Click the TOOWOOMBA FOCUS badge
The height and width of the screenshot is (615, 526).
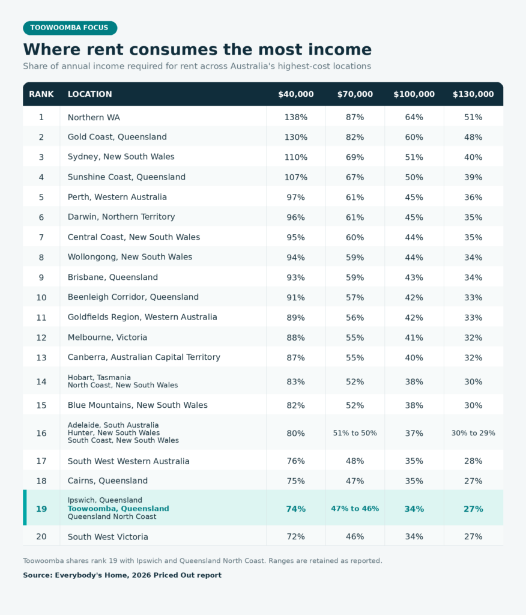click(70, 28)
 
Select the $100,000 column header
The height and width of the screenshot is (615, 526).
click(414, 94)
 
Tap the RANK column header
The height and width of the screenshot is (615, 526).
click(41, 94)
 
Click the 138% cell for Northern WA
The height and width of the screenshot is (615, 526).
click(296, 117)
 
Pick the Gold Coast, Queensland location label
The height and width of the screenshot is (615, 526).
click(117, 137)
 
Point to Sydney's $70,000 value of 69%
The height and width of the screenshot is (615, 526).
click(355, 157)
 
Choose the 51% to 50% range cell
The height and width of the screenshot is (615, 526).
click(355, 433)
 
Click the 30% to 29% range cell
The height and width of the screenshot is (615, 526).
click(473, 433)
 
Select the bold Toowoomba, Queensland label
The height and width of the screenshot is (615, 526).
click(118, 509)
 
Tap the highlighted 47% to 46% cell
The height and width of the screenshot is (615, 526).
click(355, 509)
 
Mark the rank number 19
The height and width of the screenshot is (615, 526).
click(41, 509)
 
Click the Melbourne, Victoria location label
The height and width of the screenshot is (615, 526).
click(107, 338)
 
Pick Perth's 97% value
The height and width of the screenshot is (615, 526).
click(296, 197)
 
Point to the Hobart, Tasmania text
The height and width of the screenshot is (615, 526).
click(99, 377)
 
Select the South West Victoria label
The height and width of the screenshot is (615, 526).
click(108, 536)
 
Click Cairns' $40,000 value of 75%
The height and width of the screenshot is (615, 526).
click(296, 481)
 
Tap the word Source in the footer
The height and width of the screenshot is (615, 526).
click(38, 575)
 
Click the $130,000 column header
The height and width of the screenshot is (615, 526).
click(473, 94)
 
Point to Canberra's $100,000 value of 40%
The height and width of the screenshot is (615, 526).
click(414, 358)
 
